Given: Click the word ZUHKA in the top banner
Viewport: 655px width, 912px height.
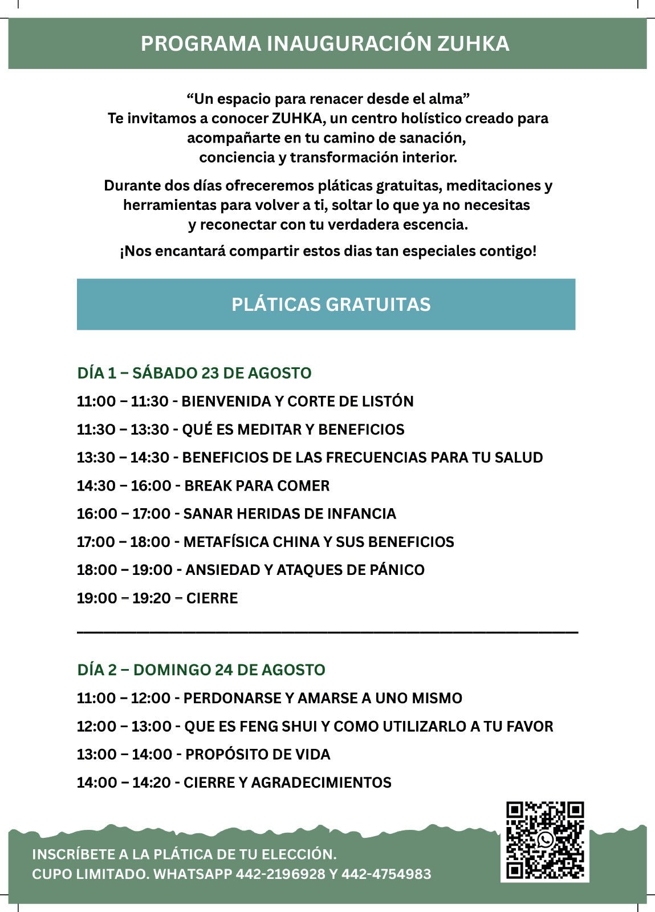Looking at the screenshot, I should pyautogui.click(x=473, y=44).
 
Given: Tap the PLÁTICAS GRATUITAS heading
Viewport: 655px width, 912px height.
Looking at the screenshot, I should pyautogui.click(x=331, y=305).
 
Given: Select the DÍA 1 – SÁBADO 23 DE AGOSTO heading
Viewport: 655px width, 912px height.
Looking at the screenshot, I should pyautogui.click(x=194, y=373).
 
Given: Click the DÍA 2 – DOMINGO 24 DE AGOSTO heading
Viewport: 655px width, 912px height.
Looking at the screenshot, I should pyautogui.click(x=201, y=670).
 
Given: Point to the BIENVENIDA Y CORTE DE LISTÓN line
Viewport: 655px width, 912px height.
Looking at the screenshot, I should pyautogui.click(x=245, y=401).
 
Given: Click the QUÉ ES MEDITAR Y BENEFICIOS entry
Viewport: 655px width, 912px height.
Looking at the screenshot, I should pyautogui.click(x=241, y=429).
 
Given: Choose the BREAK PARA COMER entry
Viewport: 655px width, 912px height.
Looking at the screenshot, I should pyautogui.click(x=203, y=486).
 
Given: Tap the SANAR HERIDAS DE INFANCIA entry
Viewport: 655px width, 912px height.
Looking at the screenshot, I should pyautogui.click(x=236, y=514).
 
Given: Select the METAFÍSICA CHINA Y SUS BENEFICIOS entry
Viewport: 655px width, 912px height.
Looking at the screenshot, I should pyautogui.click(x=265, y=542).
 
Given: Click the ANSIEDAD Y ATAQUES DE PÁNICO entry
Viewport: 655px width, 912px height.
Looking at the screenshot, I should pyautogui.click(x=250, y=570).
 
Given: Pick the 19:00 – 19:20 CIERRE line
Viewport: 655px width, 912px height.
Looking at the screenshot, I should pyautogui.click(x=157, y=598).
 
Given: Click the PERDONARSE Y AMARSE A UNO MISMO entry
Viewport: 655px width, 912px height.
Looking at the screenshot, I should pyautogui.click(x=269, y=698).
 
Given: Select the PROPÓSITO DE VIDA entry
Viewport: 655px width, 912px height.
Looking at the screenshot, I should pyautogui.click(x=204, y=755).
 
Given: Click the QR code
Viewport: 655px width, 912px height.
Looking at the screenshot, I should pyautogui.click(x=544, y=840).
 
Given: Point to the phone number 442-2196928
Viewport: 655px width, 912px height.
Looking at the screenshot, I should pyautogui.click(x=280, y=874).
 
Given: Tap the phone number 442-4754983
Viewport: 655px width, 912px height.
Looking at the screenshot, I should pyautogui.click(x=386, y=874).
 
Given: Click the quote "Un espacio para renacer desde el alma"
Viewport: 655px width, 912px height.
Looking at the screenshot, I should pyautogui.click(x=328, y=99).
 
